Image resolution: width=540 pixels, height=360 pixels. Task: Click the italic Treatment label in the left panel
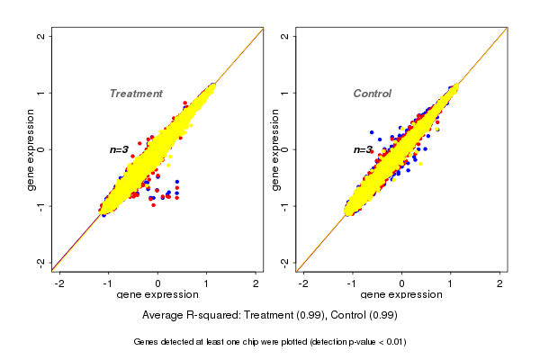coord(136,94)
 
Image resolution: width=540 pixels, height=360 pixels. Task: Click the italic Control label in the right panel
coord(372,94)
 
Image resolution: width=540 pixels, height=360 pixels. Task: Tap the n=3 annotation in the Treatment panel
coord(120,149)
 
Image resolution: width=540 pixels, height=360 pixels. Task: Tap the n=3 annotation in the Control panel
coord(363,149)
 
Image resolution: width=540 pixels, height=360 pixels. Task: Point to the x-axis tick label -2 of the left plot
coord(59,283)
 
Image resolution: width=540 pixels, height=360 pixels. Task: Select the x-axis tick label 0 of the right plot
coord(402,283)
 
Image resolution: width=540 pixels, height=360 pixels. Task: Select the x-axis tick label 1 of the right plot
coord(452,283)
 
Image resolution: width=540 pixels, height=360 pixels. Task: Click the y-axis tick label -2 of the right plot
coord(284,262)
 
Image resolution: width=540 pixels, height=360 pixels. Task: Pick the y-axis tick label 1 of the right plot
coord(284,93)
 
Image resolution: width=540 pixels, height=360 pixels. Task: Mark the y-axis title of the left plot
coord(31,149)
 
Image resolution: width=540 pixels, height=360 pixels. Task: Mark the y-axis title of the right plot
coord(274,149)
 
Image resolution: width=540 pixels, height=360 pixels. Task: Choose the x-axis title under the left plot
coord(157,295)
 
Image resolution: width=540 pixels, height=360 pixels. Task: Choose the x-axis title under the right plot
coord(401,295)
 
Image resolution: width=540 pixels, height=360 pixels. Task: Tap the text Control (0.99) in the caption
coord(363,316)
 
